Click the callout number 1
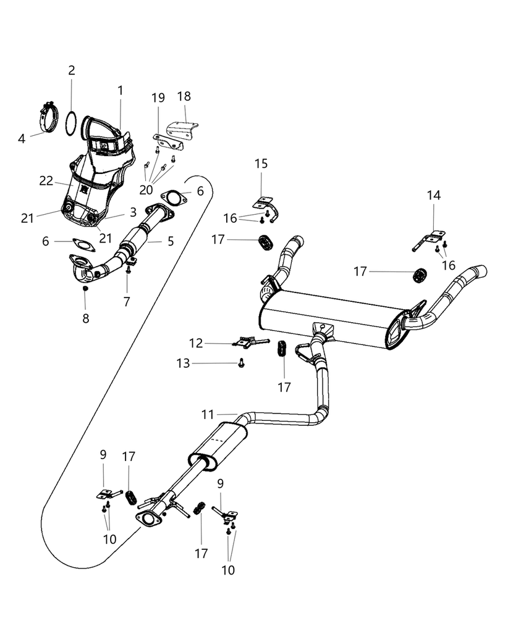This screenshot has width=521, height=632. tap(121, 91)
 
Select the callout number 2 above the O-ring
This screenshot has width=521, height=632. tap(72, 70)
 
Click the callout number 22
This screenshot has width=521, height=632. tap(47, 180)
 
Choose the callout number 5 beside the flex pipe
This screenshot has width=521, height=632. tap(171, 241)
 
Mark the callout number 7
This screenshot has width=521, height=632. tap(127, 302)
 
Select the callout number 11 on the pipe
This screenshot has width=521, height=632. tap(210, 414)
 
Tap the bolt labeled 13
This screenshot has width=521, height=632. tap(242, 364)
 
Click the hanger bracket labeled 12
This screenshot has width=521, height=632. tap(250, 341)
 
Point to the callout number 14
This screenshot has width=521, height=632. tap(434, 196)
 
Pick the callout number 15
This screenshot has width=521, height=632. tap(261, 164)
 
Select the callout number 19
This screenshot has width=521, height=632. tap(158, 98)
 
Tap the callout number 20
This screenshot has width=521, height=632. tap(146, 190)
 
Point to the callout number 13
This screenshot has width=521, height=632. tap(183, 364)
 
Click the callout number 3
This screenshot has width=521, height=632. tap(133, 212)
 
